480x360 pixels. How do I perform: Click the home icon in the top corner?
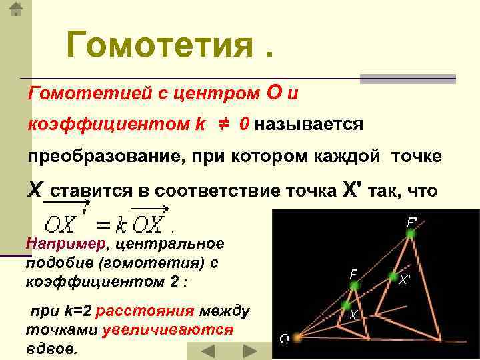(16, 9)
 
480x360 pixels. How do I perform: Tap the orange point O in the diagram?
(297, 337)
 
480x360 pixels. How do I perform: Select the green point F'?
(411, 234)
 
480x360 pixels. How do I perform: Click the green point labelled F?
(354, 285)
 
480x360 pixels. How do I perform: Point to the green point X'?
(393, 277)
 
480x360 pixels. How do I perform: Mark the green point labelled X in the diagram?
(347, 305)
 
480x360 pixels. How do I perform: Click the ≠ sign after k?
(223, 124)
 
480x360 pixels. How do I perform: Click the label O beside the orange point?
(285, 339)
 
